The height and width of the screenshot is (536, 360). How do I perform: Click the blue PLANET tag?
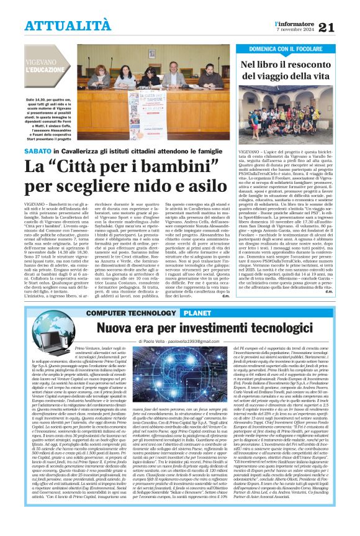point(196,313)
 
